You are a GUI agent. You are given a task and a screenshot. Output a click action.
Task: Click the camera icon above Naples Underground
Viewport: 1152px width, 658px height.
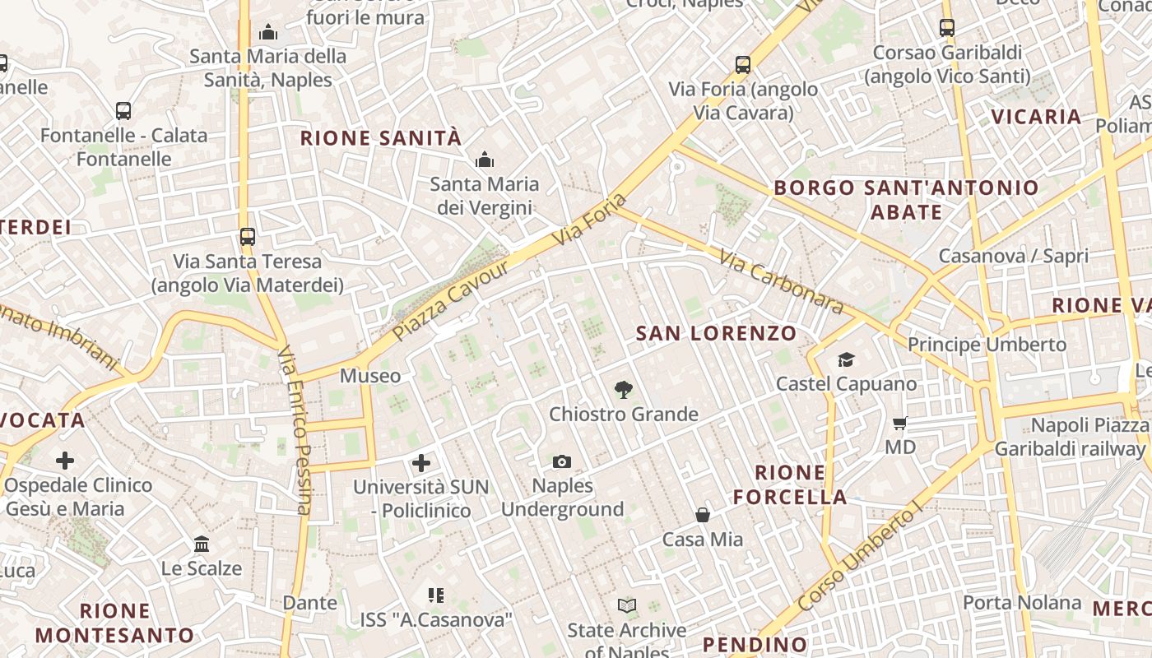point(562,461)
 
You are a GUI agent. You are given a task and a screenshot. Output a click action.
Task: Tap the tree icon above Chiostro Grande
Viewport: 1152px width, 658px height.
point(624,390)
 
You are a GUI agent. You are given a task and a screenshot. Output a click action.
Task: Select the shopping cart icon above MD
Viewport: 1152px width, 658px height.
point(899,424)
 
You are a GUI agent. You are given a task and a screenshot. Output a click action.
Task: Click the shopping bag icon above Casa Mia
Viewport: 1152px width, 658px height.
point(703,516)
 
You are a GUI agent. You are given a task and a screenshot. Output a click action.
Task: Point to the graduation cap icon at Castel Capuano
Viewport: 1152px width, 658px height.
point(846,359)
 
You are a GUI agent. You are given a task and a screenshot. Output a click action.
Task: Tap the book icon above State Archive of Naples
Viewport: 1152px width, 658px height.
point(627,606)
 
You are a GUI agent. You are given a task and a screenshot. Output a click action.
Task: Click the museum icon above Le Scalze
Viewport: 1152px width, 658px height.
point(202,544)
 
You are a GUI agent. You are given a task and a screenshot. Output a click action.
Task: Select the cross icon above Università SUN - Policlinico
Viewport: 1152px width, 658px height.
point(421,462)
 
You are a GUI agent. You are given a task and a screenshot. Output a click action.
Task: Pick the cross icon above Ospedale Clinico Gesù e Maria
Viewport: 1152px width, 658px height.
point(65,461)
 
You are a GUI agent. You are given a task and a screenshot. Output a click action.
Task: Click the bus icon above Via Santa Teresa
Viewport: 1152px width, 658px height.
point(248,237)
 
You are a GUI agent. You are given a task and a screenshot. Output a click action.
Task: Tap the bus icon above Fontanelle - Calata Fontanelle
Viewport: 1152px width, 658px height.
point(123,110)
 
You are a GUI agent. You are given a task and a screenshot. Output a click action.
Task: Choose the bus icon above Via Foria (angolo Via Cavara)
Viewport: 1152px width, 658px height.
point(743,64)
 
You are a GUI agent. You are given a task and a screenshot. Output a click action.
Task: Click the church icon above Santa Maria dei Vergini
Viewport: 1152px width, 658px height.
point(485,159)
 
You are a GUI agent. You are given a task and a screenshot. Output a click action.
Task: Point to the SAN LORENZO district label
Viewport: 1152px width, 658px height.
point(717,333)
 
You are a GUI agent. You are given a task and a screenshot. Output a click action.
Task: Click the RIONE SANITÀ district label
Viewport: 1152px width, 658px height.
point(381,137)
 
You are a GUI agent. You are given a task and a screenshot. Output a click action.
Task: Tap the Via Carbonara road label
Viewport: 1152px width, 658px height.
point(781,282)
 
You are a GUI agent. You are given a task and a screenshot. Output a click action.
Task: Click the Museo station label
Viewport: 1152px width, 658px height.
point(370,376)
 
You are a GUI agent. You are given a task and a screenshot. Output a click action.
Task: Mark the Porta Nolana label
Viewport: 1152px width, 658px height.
point(1022,602)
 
